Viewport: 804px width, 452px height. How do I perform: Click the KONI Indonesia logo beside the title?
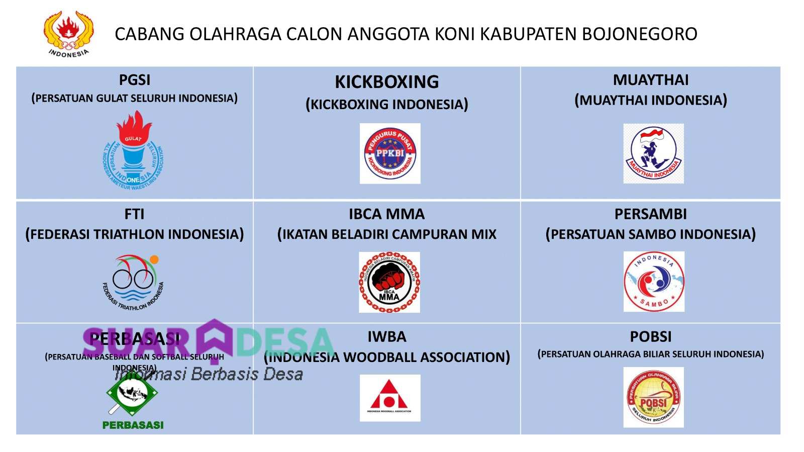tap(68, 34)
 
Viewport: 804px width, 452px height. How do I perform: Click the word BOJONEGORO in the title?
tap(639, 34)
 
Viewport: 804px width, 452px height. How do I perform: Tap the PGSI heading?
tap(135, 80)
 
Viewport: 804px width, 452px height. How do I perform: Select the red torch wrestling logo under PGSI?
tap(133, 150)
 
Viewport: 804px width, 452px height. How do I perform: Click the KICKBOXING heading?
tap(386, 82)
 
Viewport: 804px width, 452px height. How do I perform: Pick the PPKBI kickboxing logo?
tap(390, 153)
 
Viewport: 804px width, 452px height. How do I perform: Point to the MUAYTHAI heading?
tap(651, 80)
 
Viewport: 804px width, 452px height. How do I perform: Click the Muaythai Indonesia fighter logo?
tap(653, 153)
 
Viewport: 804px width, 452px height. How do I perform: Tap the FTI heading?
tap(134, 214)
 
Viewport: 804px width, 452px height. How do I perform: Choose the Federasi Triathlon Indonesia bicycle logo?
tap(133, 282)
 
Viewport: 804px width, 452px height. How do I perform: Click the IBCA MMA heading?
tap(386, 214)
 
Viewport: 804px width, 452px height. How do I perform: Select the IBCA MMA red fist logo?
tap(389, 282)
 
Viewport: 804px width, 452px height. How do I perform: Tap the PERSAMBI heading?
tap(650, 214)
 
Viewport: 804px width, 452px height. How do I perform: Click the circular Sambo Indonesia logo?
tap(654, 282)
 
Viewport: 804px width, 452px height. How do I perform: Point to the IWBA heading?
tap(386, 336)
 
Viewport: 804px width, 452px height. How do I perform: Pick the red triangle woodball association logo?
tap(390, 398)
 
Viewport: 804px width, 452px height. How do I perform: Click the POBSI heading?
tap(651, 336)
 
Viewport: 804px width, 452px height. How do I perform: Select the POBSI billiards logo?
tap(653, 397)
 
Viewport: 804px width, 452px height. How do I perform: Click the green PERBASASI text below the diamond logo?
tap(133, 425)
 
